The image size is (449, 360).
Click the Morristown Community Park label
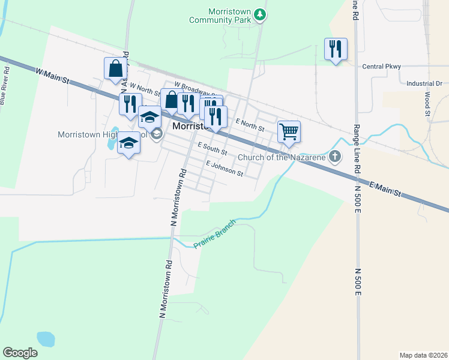pyautogui.click(x=228, y=16)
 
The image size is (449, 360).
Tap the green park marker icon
pyautogui.click(x=260, y=14)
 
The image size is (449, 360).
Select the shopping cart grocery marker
pyautogui.click(x=289, y=131)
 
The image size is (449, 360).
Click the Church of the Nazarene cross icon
pyautogui.click(x=335, y=157)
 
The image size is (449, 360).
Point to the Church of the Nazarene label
pyautogui.click(x=282, y=158)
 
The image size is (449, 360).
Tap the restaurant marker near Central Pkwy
pyautogui.click(x=336, y=49)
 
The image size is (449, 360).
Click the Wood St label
pyautogui.click(x=428, y=104)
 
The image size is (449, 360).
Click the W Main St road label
pyautogui.click(x=53, y=75)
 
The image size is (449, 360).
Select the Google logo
pyautogui.click(x=20, y=352)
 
